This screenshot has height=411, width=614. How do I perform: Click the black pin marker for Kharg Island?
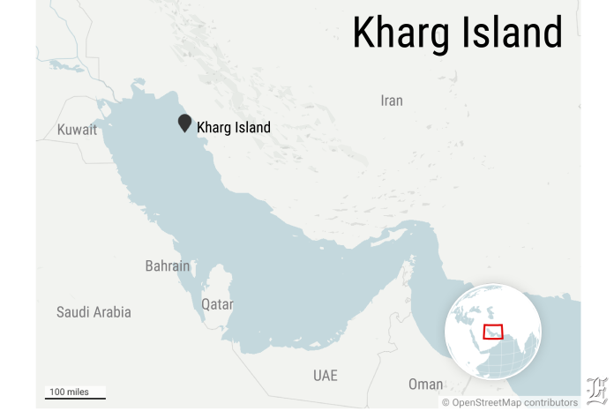click(184, 123)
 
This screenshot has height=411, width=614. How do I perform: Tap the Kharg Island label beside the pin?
click(233, 127)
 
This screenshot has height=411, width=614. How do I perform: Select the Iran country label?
click(391, 101)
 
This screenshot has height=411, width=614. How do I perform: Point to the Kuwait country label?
click(77, 130)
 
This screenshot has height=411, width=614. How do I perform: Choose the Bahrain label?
click(168, 265)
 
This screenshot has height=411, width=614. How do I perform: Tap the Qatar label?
click(217, 304)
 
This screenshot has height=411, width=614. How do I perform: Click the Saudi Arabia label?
click(94, 312)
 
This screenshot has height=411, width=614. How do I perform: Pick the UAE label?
click(325, 375)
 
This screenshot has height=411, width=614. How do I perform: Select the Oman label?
click(426, 385)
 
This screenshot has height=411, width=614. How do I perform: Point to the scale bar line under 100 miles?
click(76, 399)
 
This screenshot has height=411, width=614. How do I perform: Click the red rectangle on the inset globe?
click(494, 332)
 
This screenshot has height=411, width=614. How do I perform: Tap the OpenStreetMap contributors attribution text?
click(510, 402)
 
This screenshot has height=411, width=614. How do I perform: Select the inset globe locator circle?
click(493, 331)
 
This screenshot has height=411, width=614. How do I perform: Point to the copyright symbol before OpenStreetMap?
click(446, 402)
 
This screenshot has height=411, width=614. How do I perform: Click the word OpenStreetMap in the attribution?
click(485, 402)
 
